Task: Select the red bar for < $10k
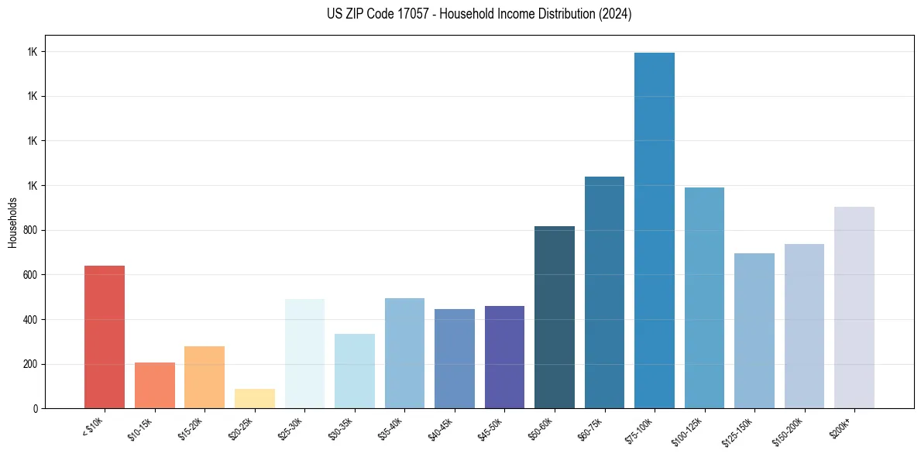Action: [105, 337]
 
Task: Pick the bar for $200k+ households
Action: [854, 308]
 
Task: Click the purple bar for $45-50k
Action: [504, 357]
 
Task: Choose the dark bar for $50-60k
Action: [555, 318]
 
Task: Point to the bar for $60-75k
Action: [604, 293]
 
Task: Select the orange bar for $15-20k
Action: [204, 377]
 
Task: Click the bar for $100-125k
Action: [704, 298]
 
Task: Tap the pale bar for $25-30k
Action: [304, 354]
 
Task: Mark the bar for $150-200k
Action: [804, 326]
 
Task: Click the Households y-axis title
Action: [12, 222]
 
